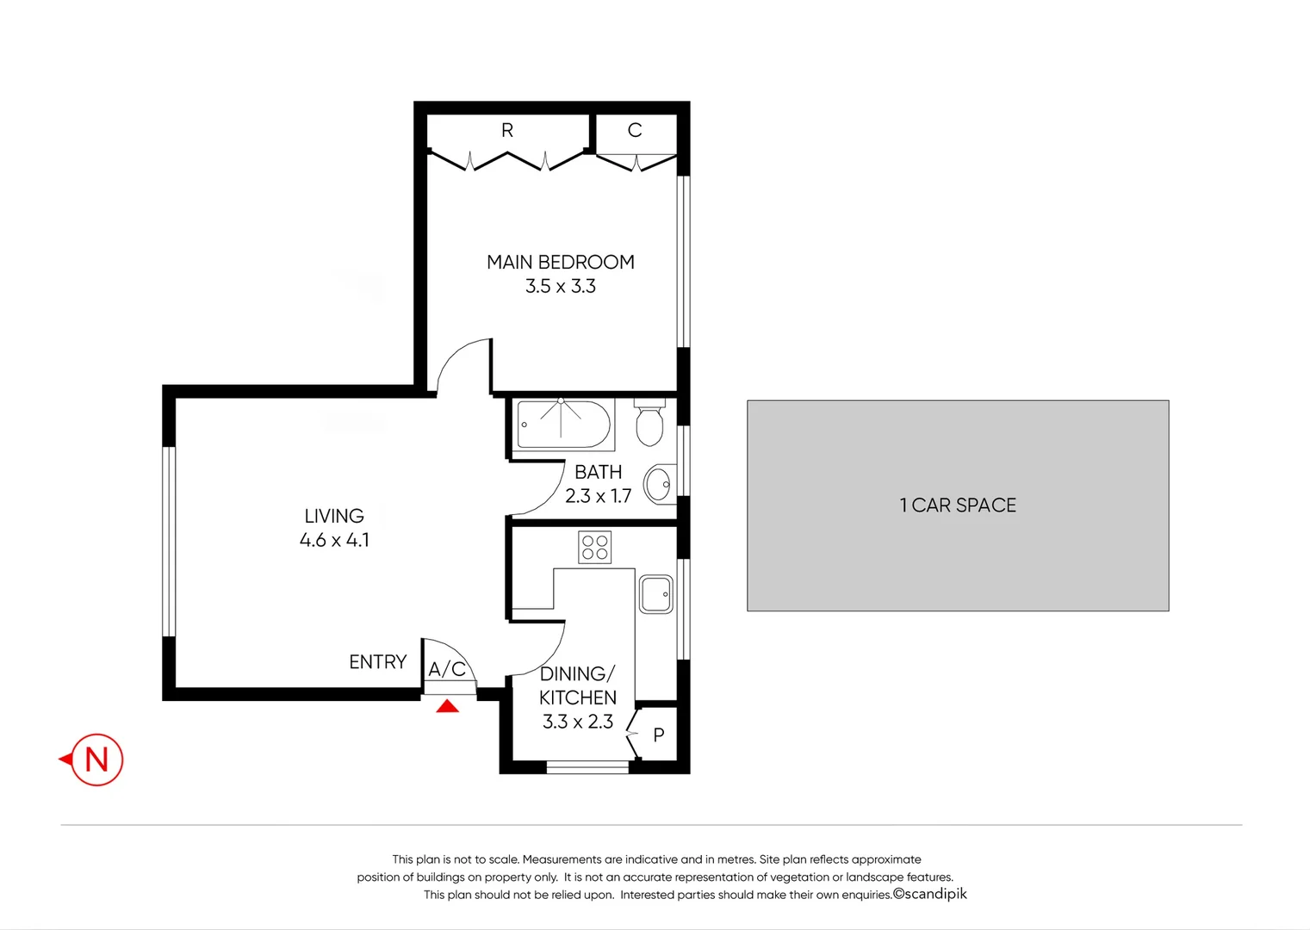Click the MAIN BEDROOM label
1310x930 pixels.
tap(560, 262)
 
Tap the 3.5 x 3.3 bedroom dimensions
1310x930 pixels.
tap(560, 287)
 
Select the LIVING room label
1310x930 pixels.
tap(334, 516)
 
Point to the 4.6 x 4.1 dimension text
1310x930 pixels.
tap(334, 541)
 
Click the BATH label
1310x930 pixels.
tap(598, 472)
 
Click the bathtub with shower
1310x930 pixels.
tap(564, 425)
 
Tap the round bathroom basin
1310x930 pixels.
tap(660, 485)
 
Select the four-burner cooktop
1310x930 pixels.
tap(595, 548)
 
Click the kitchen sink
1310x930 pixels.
tap(656, 594)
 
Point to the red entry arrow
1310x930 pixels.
tap(447, 707)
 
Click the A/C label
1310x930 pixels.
tap(447, 669)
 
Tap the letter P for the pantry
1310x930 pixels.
tap(659, 735)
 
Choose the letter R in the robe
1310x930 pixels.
tap(507, 130)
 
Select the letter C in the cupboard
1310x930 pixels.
tap(635, 130)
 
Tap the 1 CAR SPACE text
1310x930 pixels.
tap(958, 505)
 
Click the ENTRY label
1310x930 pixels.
tap(377, 662)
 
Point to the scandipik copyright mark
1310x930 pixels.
tap(930, 894)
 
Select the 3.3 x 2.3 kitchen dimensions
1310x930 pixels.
tap(577, 722)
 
